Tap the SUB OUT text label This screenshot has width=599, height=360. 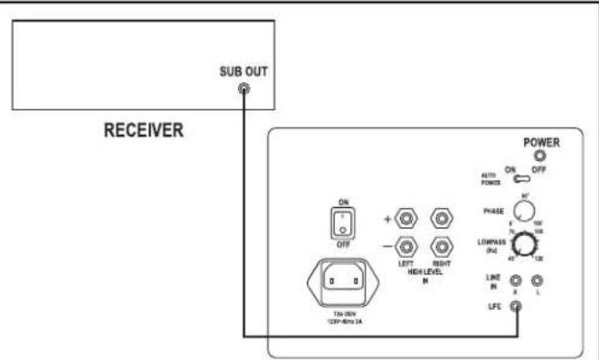click(x=243, y=72)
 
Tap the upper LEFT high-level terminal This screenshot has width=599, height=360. click(x=405, y=218)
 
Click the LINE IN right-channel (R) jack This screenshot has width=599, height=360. click(x=516, y=282)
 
